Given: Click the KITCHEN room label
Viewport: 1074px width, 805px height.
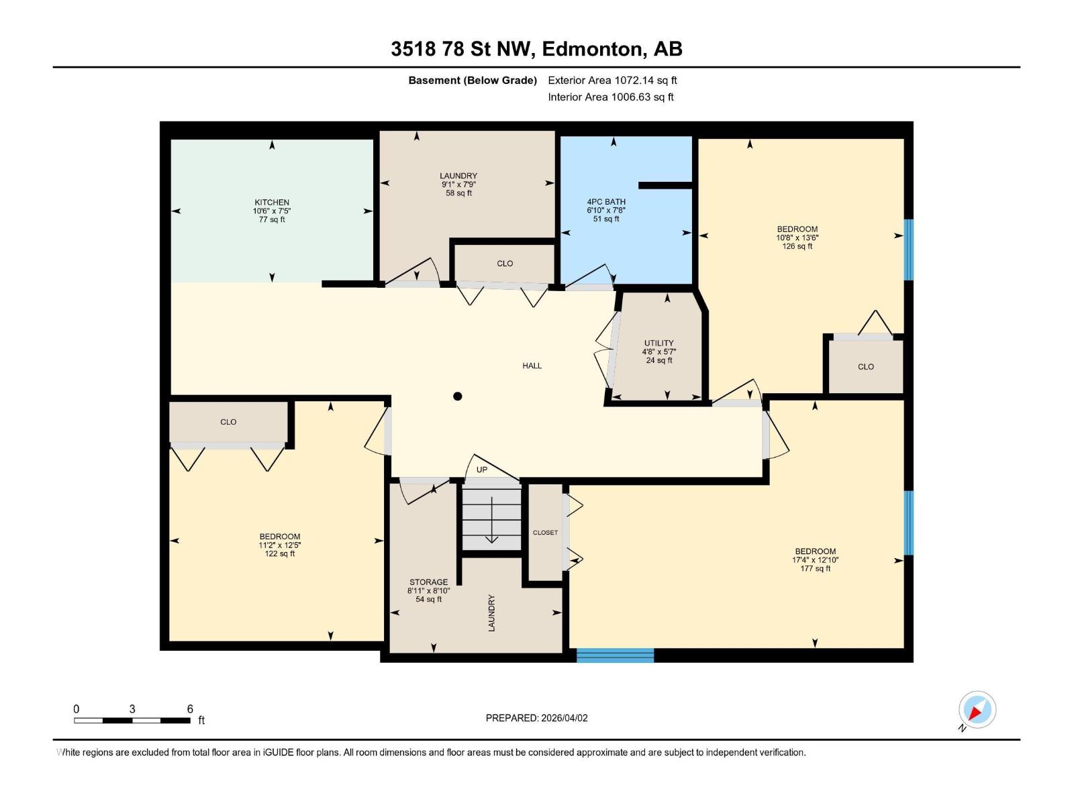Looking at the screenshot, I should [x=272, y=202].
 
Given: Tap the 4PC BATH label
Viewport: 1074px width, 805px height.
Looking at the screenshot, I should [x=605, y=201].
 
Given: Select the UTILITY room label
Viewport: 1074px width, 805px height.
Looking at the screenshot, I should [x=658, y=343].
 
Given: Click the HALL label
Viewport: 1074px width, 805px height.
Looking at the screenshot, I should [x=532, y=366].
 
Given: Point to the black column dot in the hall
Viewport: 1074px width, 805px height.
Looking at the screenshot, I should [x=458, y=396].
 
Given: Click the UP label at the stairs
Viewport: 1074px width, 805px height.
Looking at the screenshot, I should [x=481, y=470].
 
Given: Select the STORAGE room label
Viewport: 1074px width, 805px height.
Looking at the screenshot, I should [x=428, y=582].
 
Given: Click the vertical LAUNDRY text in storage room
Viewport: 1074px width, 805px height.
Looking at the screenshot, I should [x=491, y=612].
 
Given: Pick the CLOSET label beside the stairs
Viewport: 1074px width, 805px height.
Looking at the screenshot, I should [x=545, y=533].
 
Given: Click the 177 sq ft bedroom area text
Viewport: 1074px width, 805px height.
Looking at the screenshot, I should [x=815, y=569].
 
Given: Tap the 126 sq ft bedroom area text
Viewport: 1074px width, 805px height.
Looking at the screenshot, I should [x=797, y=246].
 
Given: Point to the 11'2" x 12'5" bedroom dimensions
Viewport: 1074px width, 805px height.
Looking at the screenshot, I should [x=279, y=545].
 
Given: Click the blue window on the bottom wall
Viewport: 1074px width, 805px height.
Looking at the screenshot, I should [x=615, y=655].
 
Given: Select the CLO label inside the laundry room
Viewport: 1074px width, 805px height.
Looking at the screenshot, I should [x=505, y=264].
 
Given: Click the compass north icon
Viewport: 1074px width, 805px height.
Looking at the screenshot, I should [x=977, y=710].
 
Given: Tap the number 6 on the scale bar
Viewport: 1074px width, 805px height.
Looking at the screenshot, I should [x=190, y=709].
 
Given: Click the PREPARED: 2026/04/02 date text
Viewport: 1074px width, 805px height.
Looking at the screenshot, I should [x=536, y=718].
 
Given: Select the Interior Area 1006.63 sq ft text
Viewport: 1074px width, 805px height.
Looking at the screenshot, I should [x=610, y=97].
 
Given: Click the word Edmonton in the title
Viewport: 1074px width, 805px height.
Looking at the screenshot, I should [x=590, y=49].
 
